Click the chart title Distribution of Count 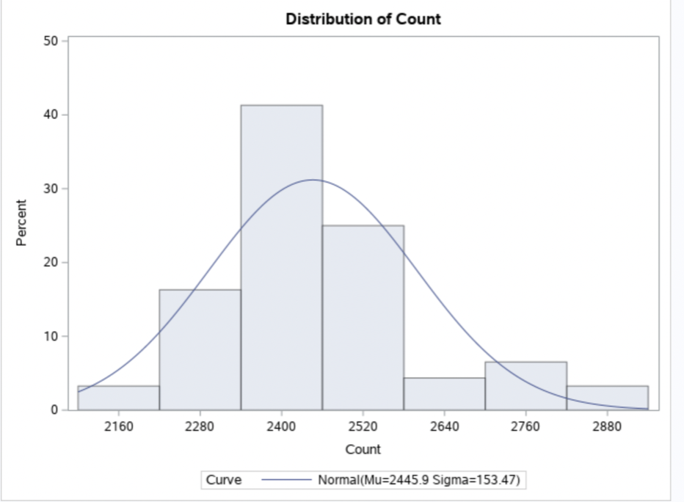[363, 20]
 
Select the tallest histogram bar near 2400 [282, 257]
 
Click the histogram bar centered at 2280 [200, 349]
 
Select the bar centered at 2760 [525, 386]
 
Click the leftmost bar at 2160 [118, 398]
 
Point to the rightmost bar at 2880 [607, 398]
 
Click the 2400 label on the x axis [282, 428]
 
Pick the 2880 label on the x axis [607, 428]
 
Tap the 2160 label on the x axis [118, 428]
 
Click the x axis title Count [363, 449]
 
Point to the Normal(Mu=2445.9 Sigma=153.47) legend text [419, 481]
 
